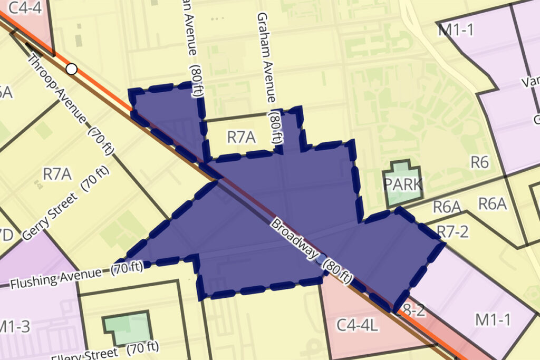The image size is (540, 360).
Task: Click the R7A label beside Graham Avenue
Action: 241,138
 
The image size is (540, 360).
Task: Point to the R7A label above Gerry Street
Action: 57,174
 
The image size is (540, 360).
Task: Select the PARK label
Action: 403,184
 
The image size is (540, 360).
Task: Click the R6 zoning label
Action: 479,162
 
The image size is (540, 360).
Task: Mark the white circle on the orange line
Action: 72,69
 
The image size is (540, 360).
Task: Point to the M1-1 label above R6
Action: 456,30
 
